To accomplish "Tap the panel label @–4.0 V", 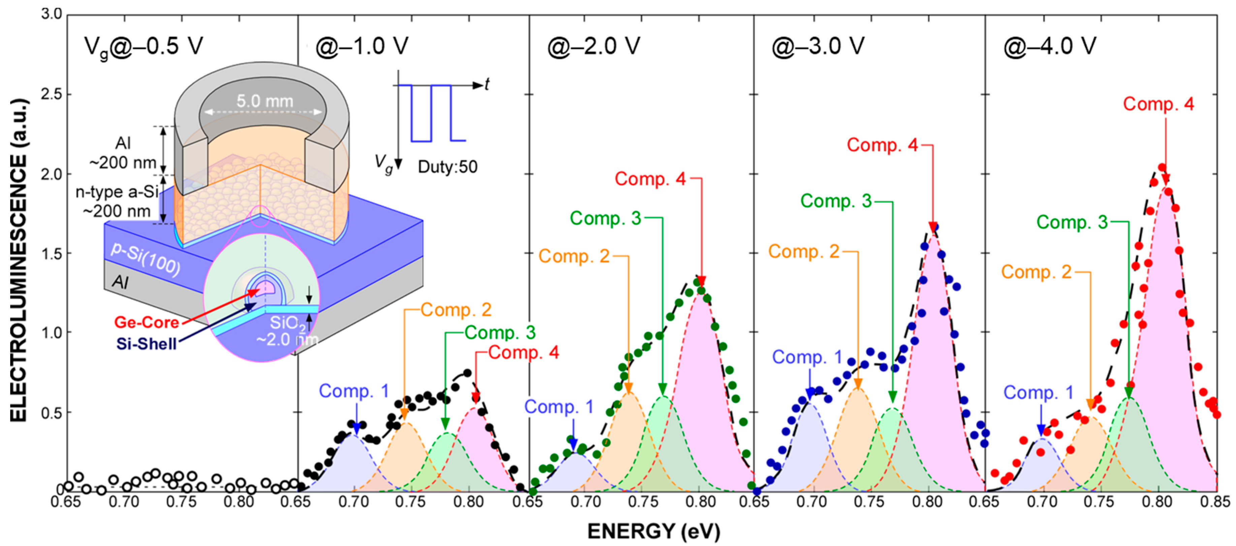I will (x=1050, y=47).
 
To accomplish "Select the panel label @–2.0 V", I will (x=594, y=47).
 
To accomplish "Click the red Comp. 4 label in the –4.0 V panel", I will (x=1158, y=104).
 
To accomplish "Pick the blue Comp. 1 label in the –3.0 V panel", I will (x=807, y=357).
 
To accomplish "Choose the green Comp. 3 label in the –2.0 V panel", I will (x=605, y=219).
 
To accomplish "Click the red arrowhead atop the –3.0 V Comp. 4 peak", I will (x=933, y=227).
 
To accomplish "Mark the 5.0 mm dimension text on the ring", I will (x=264, y=101).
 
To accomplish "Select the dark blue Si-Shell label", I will (x=146, y=344).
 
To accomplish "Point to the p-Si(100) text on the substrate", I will (x=146, y=259).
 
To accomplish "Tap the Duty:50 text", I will (x=447, y=167).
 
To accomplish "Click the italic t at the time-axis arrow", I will (x=487, y=85).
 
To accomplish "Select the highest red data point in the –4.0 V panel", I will (x=1162, y=168).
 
